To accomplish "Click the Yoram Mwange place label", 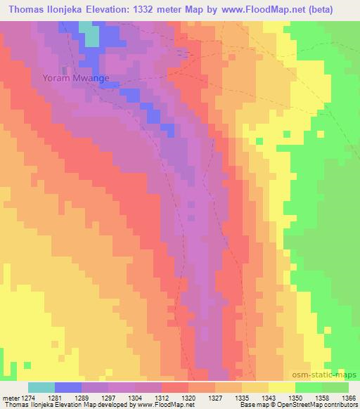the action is pyautogui.click(x=75, y=78).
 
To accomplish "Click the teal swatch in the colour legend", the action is pyautogui.click(x=41, y=387).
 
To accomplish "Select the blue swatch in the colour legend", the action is pyautogui.click(x=69, y=387).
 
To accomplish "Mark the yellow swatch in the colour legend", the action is pyautogui.click(x=281, y=387).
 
